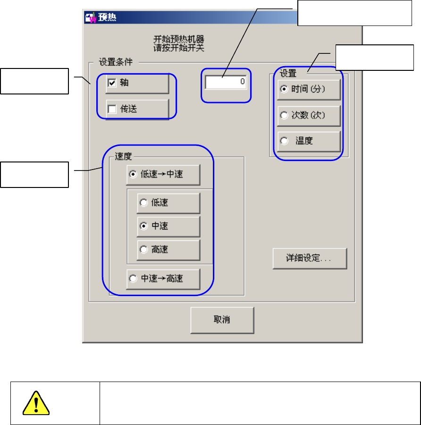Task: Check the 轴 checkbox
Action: (112, 83)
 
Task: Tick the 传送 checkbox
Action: (112, 110)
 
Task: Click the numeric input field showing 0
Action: (226, 82)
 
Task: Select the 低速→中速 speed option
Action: (133, 174)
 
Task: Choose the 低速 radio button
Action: (143, 203)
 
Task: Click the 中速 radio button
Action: (143, 226)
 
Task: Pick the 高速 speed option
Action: (143, 250)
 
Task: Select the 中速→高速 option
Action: (133, 279)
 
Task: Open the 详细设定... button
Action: (310, 259)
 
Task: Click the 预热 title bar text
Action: (107, 18)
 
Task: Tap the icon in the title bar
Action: (90, 18)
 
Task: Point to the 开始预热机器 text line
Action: (179, 39)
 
